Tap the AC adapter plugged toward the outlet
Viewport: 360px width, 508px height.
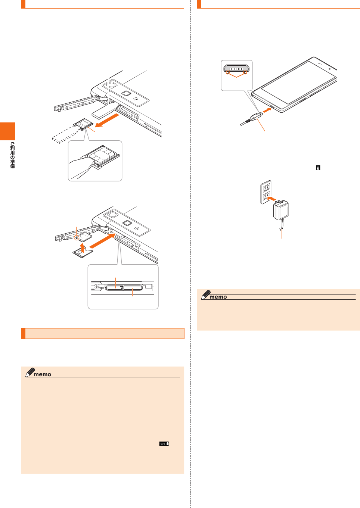(280, 211)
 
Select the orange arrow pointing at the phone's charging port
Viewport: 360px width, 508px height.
(266, 110)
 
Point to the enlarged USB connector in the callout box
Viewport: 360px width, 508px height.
(236, 69)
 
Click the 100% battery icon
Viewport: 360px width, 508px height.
(164, 443)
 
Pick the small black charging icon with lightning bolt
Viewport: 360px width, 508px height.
(318, 168)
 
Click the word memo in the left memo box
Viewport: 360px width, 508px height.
(42, 374)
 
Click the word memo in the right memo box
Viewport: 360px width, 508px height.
(218, 297)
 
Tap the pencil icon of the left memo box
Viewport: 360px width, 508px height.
(30, 372)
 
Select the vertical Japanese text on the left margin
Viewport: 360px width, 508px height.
(12, 155)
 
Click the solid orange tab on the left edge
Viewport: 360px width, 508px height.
(7, 131)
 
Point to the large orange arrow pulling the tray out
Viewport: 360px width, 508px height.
(106, 121)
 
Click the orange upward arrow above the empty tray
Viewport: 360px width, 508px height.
(83, 247)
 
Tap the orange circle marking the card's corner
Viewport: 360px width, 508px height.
(77, 237)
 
